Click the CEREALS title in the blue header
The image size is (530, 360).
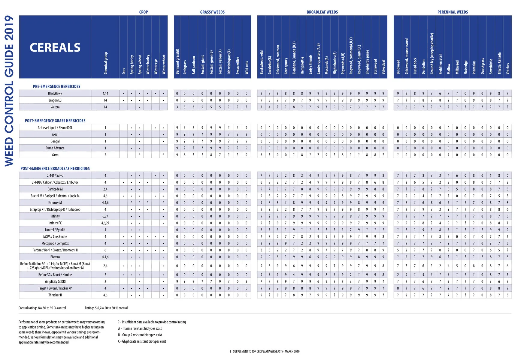click(x=55, y=48)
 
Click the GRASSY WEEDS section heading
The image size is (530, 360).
click(x=212, y=12)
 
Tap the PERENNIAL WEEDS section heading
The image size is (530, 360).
click(x=453, y=12)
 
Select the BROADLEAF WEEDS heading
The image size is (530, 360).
click(x=322, y=12)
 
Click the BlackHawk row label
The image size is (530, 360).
click(x=55, y=94)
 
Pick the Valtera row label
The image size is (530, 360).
click(x=55, y=107)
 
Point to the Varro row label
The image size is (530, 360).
click(x=55, y=155)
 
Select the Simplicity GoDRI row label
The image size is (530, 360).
click(x=55, y=281)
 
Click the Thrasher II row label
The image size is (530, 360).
click(x=55, y=295)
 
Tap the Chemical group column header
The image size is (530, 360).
click(x=105, y=63)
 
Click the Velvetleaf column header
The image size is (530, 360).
click(x=383, y=67)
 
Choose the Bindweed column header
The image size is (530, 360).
click(x=398, y=67)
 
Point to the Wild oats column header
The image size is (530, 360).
click(x=247, y=67)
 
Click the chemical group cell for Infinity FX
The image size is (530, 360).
click(x=105, y=223)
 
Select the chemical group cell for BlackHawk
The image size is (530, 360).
click(x=105, y=94)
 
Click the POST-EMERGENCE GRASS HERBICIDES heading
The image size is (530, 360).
click(x=55, y=121)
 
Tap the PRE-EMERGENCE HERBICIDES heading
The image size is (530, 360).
click(x=56, y=86)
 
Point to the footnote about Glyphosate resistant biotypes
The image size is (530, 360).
click(x=142, y=341)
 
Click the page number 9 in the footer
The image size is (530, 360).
click(x=230, y=352)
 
